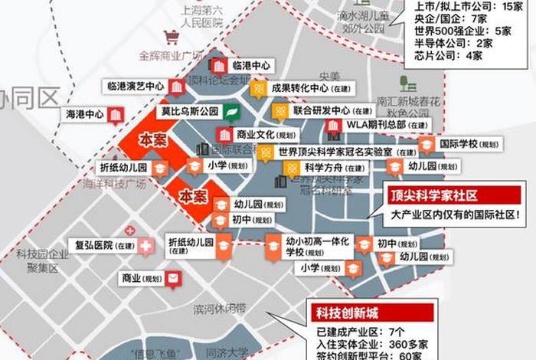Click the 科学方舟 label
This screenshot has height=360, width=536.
click(x=324, y=168)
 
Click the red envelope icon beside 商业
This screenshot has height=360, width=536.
click(x=175, y=277)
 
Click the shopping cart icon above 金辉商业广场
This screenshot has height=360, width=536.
click(x=172, y=37)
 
